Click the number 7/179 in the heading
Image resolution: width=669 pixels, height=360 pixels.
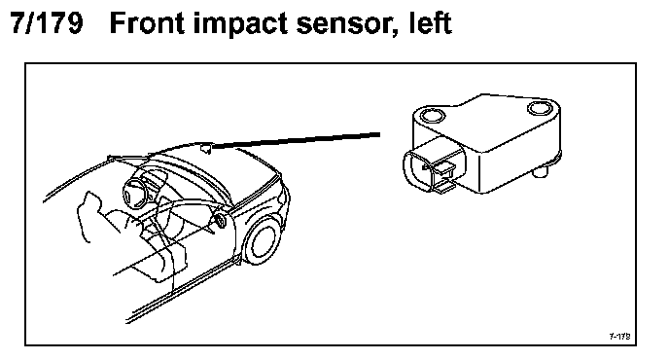tap(47, 22)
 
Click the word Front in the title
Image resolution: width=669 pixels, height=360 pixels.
tap(148, 22)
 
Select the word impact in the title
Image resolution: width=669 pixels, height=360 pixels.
tap(240, 24)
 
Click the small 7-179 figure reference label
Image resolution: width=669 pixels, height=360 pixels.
tap(619, 336)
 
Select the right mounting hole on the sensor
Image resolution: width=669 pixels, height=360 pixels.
tap(541, 108)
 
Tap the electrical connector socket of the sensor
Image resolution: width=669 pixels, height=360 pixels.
tap(431, 167)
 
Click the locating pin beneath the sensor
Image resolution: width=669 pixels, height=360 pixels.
tap(541, 172)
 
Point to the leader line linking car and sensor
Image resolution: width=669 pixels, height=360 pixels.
tap(296, 140)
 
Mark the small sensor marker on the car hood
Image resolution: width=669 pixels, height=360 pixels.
tap(206, 149)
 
